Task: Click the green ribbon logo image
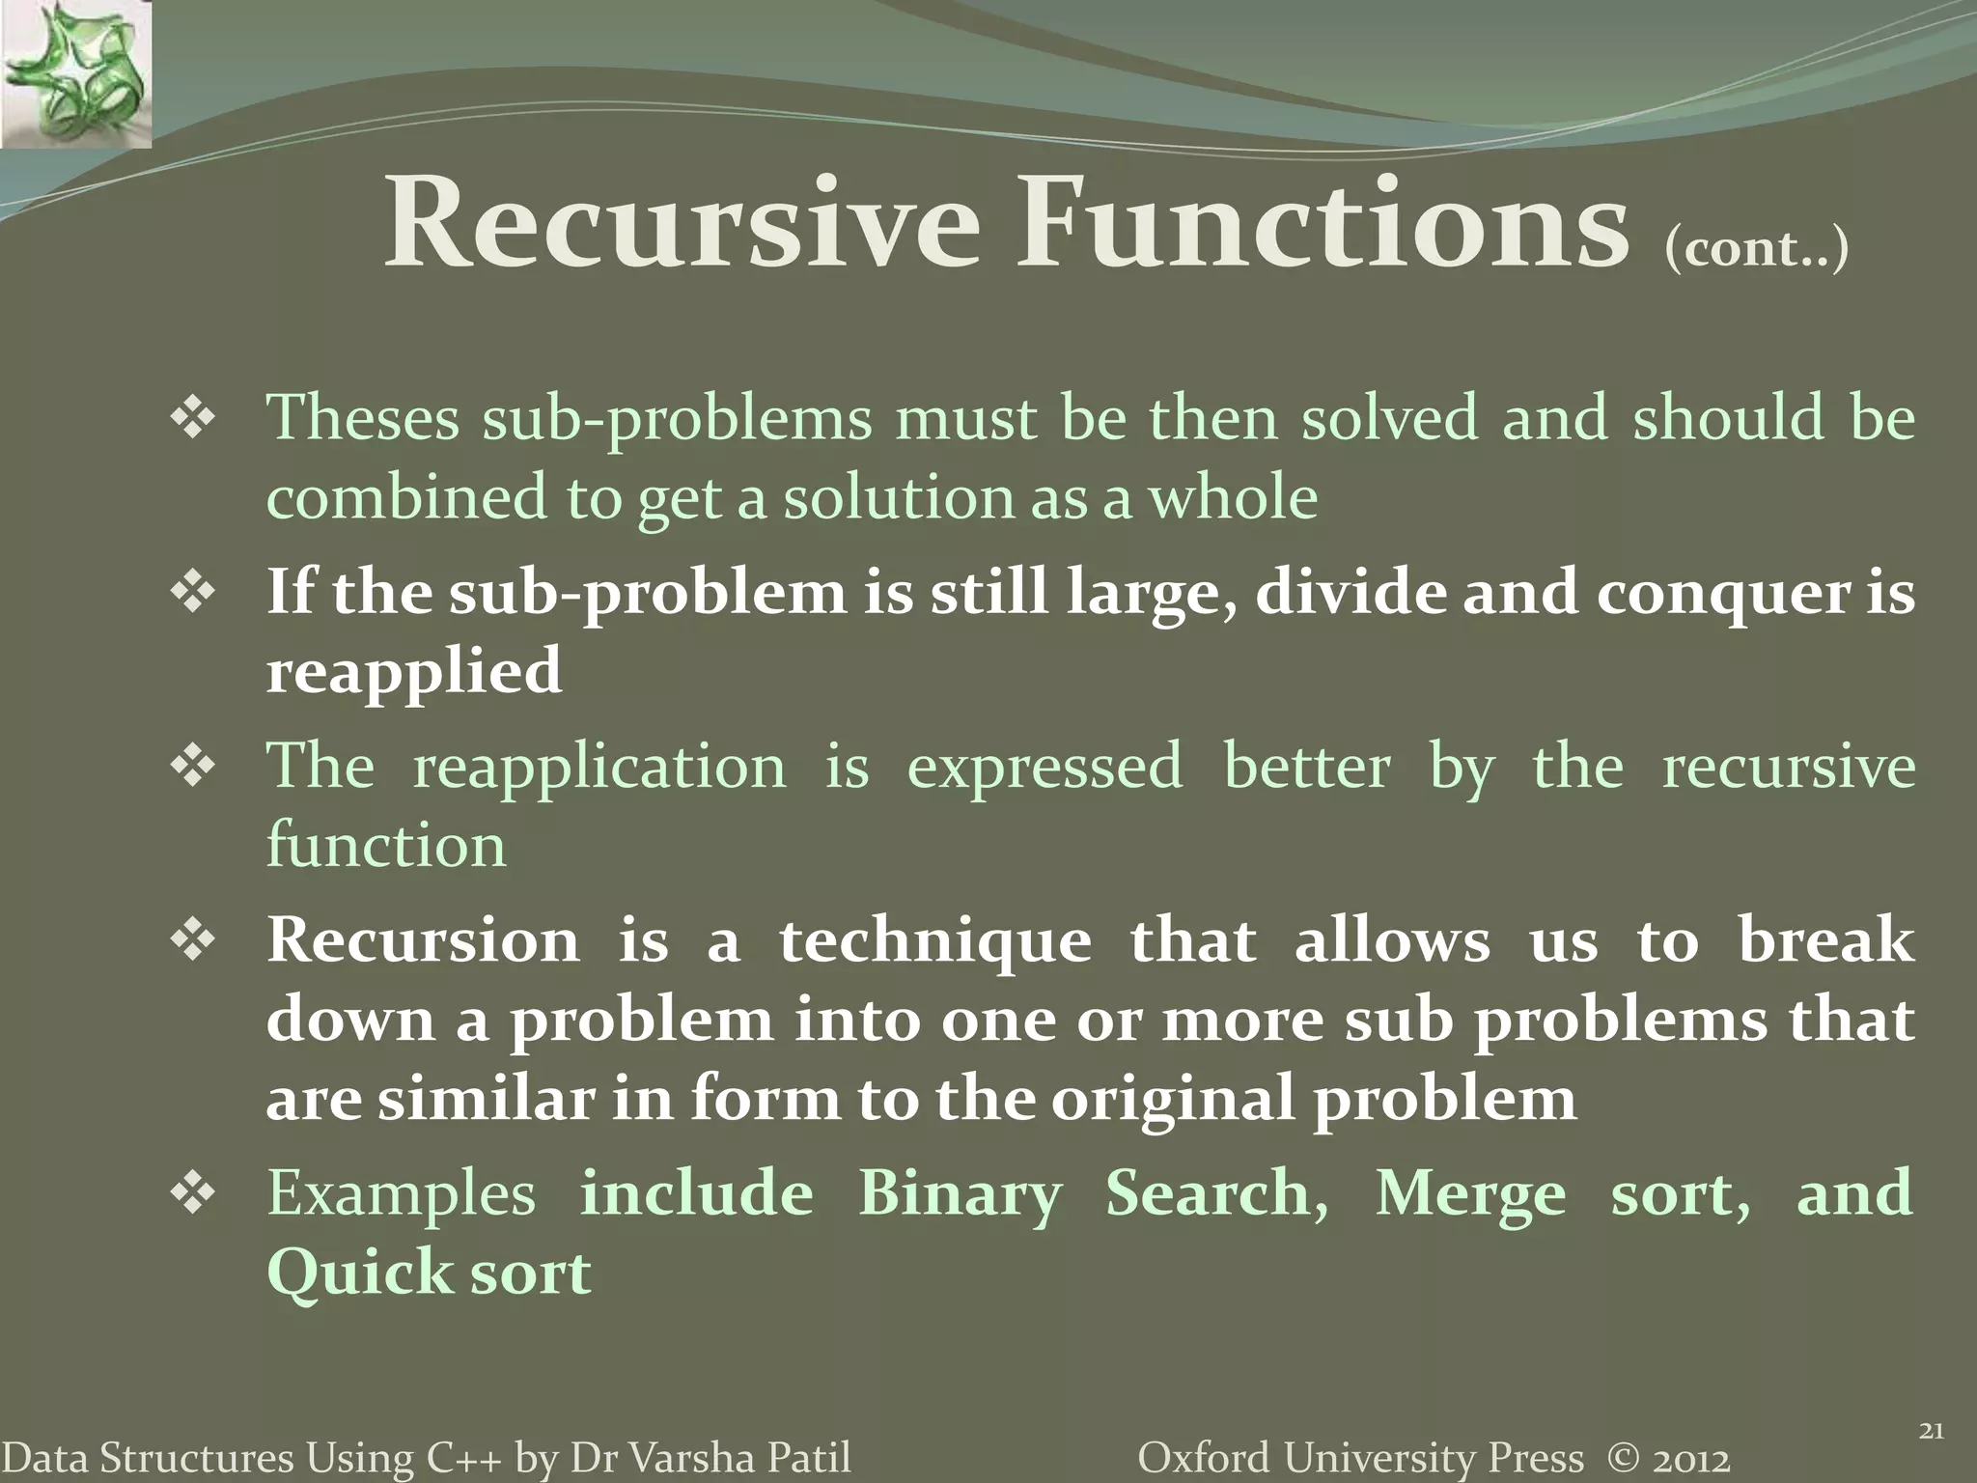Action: [75, 73]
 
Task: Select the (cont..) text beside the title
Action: [1756, 249]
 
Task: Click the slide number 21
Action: [1930, 1431]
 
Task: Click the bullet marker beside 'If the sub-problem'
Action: [193, 592]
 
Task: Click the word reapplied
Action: [413, 671]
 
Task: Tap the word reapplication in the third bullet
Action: [599, 767]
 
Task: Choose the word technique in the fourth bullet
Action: [934, 941]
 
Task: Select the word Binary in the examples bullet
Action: [960, 1193]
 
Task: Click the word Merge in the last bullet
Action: [1470, 1193]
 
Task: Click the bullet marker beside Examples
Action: [193, 1193]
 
